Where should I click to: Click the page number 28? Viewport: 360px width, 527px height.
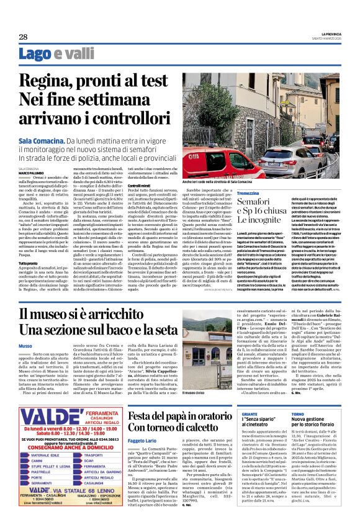[23, 37]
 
